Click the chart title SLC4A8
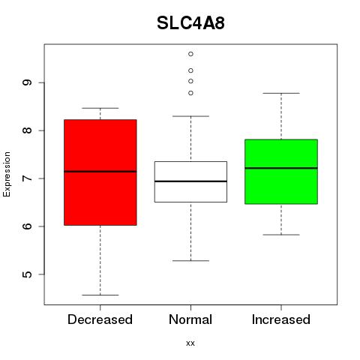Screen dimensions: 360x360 coord(190,23)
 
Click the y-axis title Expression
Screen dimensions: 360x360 coord(7,174)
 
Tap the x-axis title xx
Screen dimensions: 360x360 coord(190,343)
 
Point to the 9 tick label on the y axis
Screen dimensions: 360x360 coord(27,82)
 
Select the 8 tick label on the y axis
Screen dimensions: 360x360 coord(27,130)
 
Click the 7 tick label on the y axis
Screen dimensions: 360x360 coord(27,178)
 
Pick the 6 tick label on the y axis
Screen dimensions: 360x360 coord(27,226)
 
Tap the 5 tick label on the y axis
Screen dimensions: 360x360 coord(27,274)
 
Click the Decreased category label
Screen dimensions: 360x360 coord(100,319)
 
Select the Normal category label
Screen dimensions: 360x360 coord(190,319)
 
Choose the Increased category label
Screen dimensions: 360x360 coord(281,319)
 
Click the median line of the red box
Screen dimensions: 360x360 coord(100,172)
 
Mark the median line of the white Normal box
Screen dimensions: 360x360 coord(190,181)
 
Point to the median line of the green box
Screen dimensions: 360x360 coord(281,168)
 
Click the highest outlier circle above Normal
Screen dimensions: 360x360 coord(190,54)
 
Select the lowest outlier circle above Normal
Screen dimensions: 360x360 coord(190,93)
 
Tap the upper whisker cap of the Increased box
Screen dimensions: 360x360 coord(281,93)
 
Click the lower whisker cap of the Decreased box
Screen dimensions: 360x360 coord(100,295)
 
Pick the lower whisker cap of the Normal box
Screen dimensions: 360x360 coord(190,261)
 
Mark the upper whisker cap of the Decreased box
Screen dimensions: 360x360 coord(100,108)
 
